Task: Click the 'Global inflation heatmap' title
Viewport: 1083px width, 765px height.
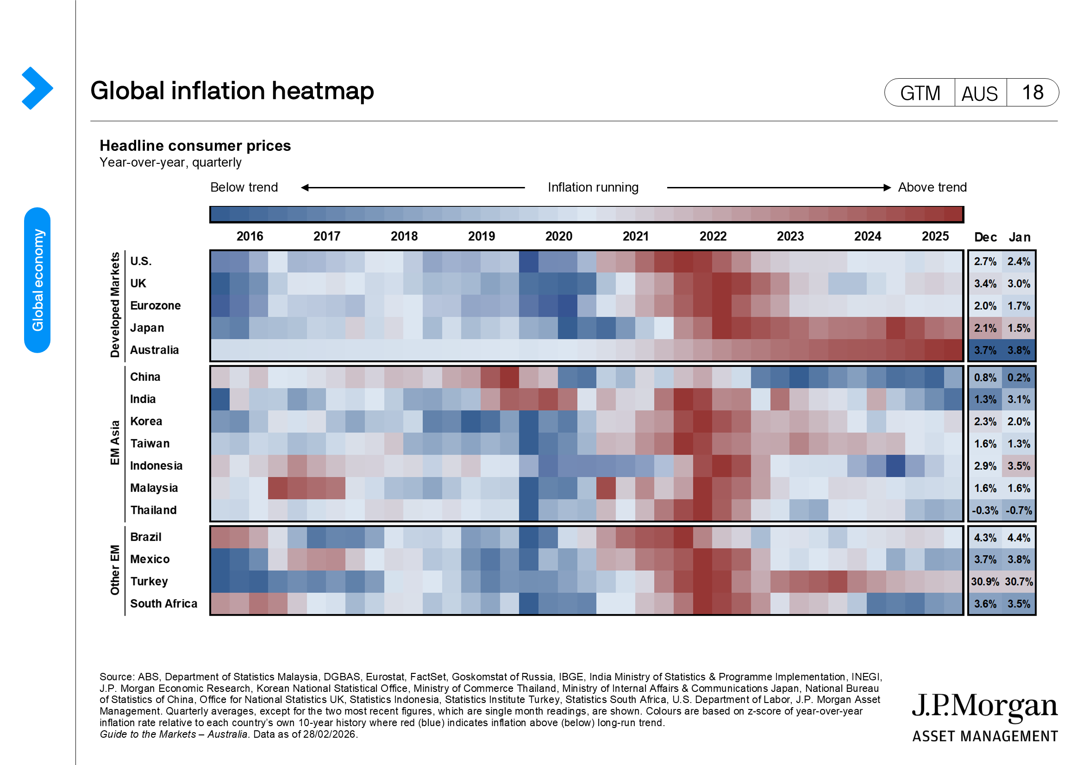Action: (232, 91)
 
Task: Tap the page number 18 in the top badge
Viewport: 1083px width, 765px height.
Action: (1032, 93)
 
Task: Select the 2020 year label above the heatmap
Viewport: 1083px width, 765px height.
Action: (558, 236)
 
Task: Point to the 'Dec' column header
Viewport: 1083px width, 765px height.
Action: (985, 237)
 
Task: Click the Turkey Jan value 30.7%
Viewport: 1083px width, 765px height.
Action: (1018, 582)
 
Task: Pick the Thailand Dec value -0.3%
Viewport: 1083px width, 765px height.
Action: (985, 510)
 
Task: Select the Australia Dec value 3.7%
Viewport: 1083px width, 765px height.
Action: (985, 350)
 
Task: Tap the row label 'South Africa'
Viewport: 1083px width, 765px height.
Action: (163, 604)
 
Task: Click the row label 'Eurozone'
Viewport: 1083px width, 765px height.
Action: (155, 306)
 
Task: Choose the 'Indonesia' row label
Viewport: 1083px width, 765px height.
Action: (156, 466)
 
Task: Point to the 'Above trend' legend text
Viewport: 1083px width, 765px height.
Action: (932, 187)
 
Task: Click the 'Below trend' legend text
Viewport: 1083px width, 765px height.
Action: (244, 187)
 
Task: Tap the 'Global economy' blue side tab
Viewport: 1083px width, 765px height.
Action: (37, 280)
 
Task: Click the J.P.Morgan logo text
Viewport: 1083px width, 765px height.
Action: (984, 706)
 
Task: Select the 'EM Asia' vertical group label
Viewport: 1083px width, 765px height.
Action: (115, 442)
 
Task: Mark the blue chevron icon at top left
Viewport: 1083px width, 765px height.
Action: (37, 88)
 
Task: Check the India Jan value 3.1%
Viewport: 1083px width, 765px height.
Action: (1018, 400)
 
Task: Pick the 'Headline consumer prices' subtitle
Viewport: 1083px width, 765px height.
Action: (195, 146)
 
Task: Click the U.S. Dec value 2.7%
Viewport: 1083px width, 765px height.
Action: (985, 261)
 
